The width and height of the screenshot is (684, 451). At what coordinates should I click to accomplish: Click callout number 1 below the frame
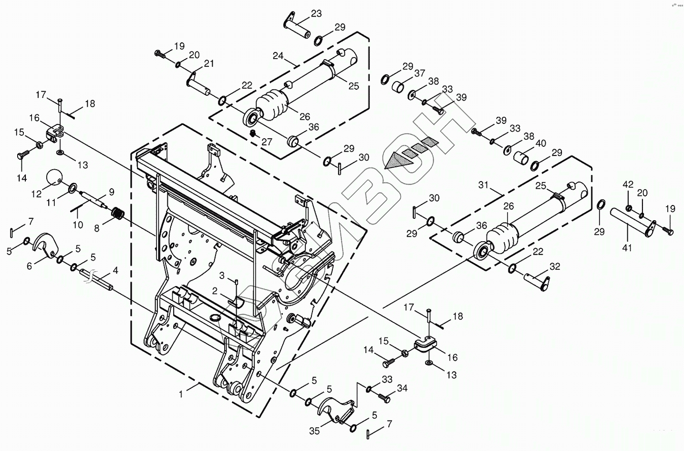click(x=181, y=394)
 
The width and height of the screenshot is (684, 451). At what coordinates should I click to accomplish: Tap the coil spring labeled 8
click(x=117, y=214)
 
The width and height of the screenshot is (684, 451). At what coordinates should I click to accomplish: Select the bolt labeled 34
click(x=384, y=396)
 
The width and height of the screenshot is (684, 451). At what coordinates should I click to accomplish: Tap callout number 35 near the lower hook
click(x=314, y=431)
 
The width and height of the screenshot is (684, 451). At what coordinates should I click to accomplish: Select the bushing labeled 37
click(x=400, y=87)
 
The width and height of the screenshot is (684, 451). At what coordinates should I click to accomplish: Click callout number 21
click(x=209, y=64)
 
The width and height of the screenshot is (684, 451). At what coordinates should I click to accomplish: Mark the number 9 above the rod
click(x=111, y=192)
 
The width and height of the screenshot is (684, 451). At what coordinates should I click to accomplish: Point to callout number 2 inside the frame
click(x=215, y=290)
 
